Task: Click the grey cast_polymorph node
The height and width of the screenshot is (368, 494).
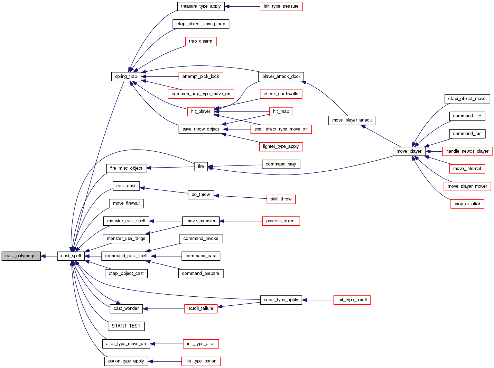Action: click(21, 256)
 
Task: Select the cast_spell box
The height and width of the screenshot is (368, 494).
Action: click(71, 256)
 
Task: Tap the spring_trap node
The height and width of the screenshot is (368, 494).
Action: click(126, 77)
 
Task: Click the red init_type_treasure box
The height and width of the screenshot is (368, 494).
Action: click(281, 6)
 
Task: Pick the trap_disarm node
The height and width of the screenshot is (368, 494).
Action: click(201, 41)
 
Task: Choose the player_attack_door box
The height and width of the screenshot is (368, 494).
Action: click(281, 77)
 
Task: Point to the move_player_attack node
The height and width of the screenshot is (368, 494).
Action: click(352, 120)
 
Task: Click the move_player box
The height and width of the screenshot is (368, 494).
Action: click(409, 151)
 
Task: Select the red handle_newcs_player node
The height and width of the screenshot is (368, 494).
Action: click(467, 151)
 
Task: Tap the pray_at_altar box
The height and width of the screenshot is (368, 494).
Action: click(467, 204)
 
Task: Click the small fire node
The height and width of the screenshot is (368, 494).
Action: click(201, 167)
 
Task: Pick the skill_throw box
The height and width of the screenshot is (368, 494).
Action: click(281, 199)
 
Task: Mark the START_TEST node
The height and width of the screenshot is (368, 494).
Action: click(126, 326)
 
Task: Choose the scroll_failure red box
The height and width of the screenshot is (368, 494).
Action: click(201, 308)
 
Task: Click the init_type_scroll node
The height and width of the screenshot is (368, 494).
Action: click(352, 300)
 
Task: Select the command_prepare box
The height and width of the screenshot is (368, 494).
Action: click(201, 273)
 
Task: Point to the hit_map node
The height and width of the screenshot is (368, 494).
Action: click(281, 111)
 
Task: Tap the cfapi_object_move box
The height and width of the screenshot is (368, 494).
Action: click(467, 99)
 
